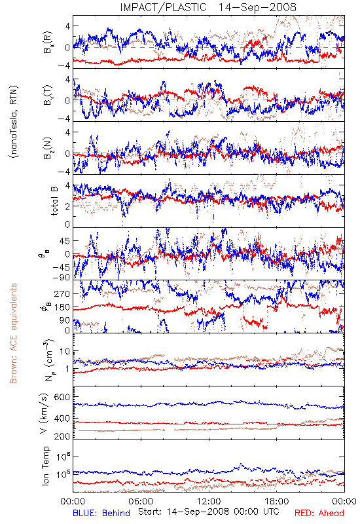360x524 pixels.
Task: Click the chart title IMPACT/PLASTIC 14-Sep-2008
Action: click(208, 7)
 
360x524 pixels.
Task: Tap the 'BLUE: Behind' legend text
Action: click(101, 514)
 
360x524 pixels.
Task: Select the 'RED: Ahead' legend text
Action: click(319, 514)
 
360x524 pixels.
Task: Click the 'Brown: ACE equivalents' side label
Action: click(13, 333)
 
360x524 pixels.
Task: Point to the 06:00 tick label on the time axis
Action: click(141, 501)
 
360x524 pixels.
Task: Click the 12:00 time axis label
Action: click(209, 501)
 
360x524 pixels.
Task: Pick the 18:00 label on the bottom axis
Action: click(277, 501)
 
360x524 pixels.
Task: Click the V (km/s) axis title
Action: click(45, 414)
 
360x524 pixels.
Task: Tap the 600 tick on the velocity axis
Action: click(62, 397)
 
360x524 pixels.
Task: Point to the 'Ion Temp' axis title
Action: click(46, 466)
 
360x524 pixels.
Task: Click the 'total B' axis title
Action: click(54, 201)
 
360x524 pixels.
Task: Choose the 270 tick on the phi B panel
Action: click(62, 293)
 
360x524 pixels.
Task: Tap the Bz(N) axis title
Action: click(47, 148)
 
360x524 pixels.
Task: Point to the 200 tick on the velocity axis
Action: click(62, 436)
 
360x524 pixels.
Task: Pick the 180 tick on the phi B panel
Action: click(62, 307)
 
